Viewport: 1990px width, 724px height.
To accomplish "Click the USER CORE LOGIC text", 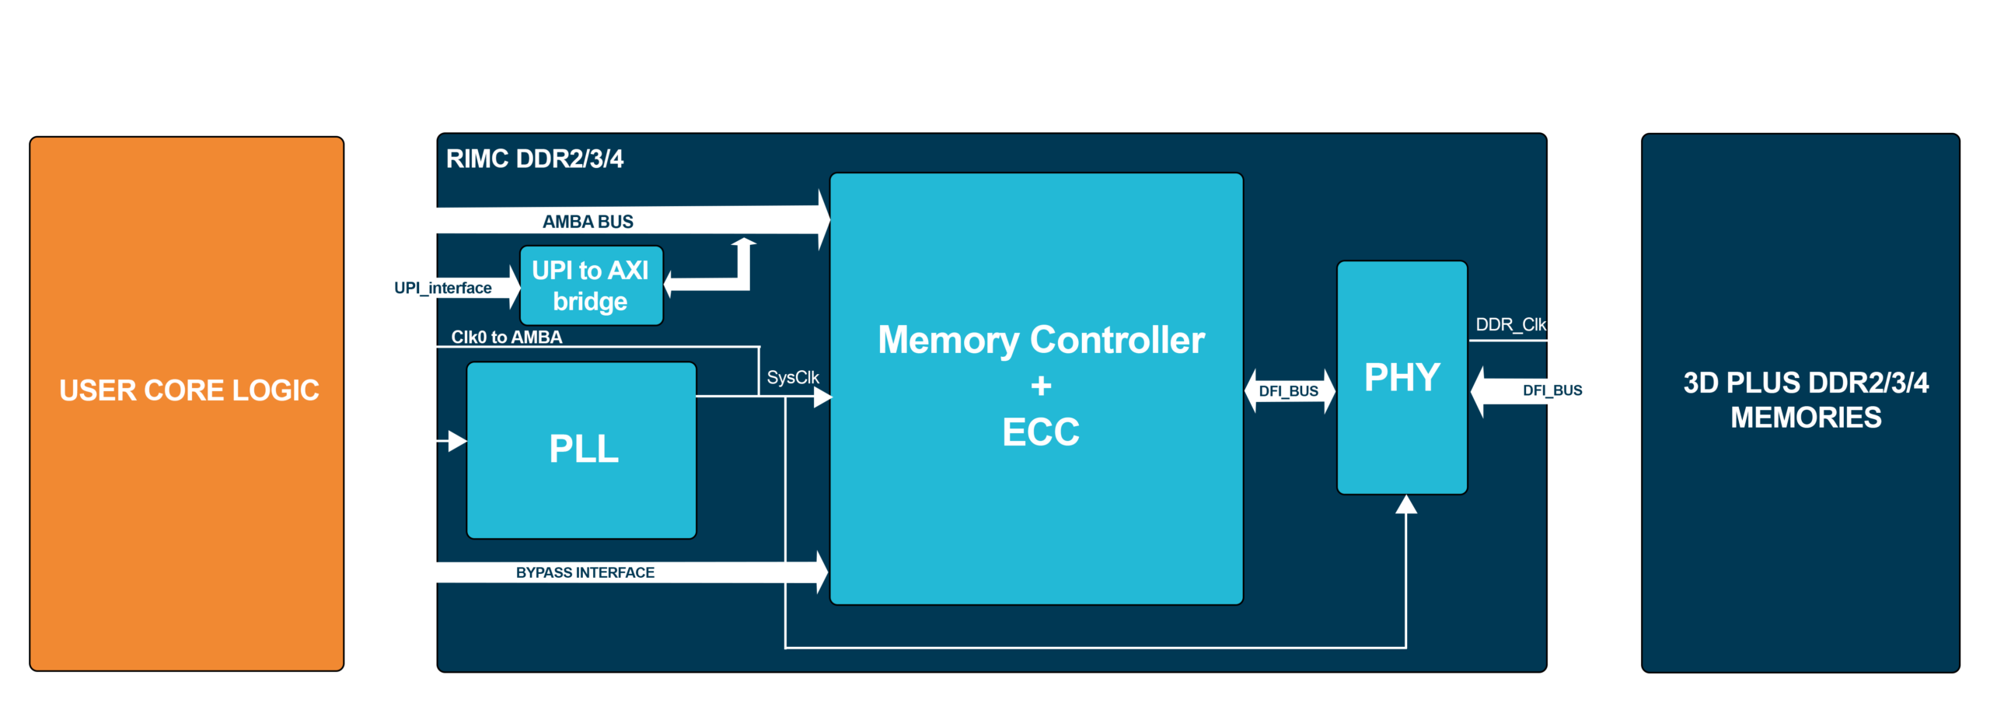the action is tap(189, 390).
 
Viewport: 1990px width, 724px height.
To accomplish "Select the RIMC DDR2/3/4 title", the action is tap(534, 159).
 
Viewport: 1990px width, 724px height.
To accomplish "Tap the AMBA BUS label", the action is tap(588, 222).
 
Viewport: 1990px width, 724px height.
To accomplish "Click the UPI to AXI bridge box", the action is tap(591, 285).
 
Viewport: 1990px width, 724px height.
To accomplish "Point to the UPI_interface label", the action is tap(442, 288).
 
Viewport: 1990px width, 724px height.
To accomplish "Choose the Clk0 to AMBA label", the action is tap(506, 337).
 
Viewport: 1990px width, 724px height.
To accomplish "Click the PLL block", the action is tap(581, 450).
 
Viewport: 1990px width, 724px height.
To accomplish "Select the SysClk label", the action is tap(793, 378).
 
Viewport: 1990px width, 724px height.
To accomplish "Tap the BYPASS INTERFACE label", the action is tap(585, 572).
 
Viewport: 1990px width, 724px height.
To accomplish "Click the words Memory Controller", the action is tap(1041, 341).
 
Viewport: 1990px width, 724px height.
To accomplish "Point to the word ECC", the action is tap(1041, 432).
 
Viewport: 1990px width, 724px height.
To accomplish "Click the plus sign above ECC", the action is tap(1041, 386).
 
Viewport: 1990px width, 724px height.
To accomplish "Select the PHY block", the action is tap(1402, 377).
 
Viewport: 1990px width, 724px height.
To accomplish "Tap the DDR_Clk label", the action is tap(1510, 324).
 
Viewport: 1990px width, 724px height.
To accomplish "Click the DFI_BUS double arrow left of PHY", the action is tap(1290, 391).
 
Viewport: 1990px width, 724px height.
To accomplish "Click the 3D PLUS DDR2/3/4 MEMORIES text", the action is tap(1805, 400).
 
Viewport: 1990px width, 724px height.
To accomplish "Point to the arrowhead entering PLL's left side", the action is tap(458, 442).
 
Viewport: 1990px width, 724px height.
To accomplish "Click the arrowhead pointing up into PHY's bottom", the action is tap(1405, 505).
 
